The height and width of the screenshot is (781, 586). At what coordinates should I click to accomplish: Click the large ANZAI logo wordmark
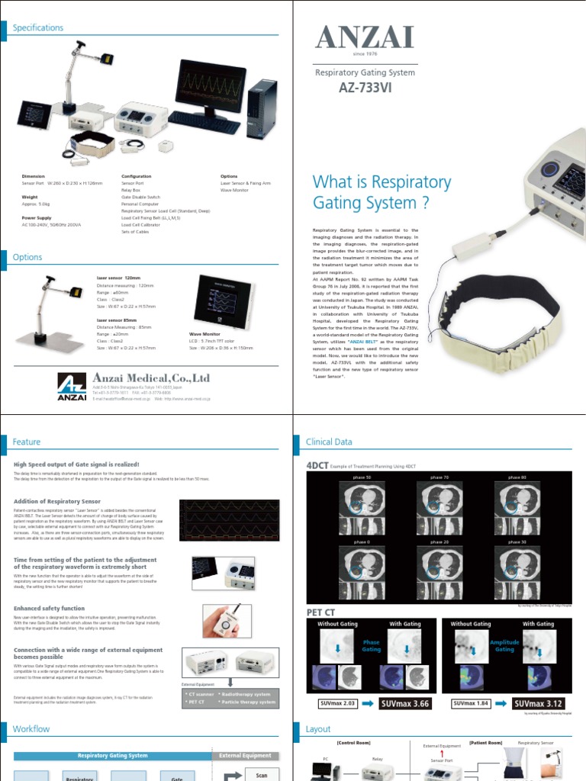pyautogui.click(x=365, y=38)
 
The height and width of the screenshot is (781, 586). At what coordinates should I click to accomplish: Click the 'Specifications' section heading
pyautogui.click(x=38, y=27)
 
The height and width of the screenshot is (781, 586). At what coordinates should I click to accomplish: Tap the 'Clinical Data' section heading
pyautogui.click(x=329, y=442)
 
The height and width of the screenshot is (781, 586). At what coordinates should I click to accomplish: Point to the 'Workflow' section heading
pyautogui.click(x=31, y=729)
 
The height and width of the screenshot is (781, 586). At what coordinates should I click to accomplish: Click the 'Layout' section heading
pyautogui.click(x=318, y=729)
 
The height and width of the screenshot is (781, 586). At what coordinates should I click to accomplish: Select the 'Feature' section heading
pyautogui.click(x=27, y=442)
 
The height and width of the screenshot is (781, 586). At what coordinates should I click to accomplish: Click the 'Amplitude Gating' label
pyautogui.click(x=504, y=646)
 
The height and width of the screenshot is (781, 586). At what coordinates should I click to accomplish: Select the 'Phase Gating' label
pyautogui.click(x=371, y=646)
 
